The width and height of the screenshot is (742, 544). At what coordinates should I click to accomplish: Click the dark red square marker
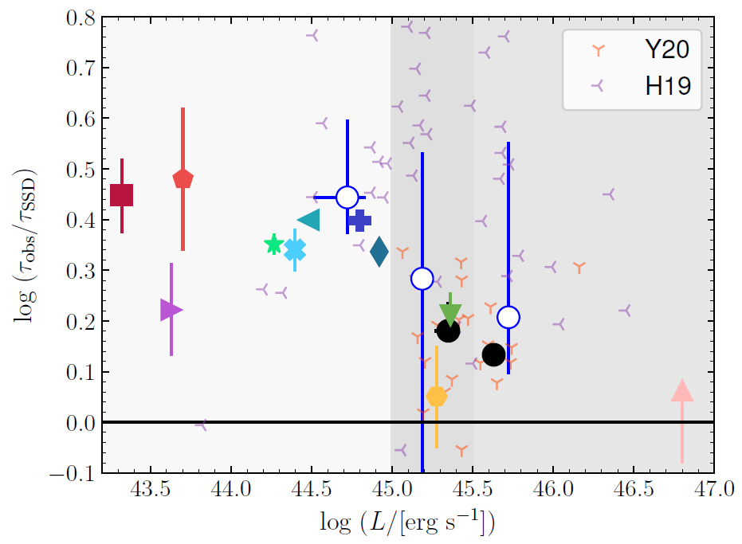[x=121, y=195]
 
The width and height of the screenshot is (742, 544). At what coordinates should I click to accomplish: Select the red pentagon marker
[x=183, y=178]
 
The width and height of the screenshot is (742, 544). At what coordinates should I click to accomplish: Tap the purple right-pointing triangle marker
[x=171, y=310]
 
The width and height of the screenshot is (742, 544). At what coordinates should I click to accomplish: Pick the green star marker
[x=273, y=245]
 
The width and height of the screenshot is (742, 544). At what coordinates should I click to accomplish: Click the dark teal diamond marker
[x=379, y=252]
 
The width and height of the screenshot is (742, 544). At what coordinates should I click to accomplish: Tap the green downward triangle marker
[x=450, y=314]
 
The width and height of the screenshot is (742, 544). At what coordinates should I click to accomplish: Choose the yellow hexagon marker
[x=437, y=397]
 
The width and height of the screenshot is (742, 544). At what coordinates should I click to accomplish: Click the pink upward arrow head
[x=682, y=391]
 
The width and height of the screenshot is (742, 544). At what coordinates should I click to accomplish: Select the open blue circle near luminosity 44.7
[x=347, y=197]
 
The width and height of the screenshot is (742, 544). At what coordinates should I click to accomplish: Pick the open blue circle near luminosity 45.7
[x=508, y=317]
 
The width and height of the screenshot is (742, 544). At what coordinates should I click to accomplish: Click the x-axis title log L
[x=407, y=523]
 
